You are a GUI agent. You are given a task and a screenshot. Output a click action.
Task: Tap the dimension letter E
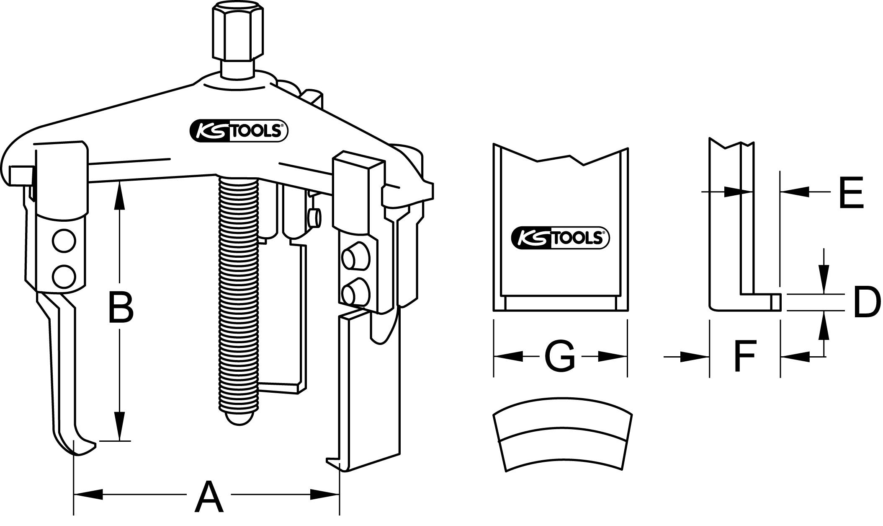[852, 193]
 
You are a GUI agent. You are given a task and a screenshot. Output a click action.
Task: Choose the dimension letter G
[559, 357]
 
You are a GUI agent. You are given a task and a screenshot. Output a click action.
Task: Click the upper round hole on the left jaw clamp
[64, 242]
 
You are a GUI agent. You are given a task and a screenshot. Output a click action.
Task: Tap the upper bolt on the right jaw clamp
[353, 259]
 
